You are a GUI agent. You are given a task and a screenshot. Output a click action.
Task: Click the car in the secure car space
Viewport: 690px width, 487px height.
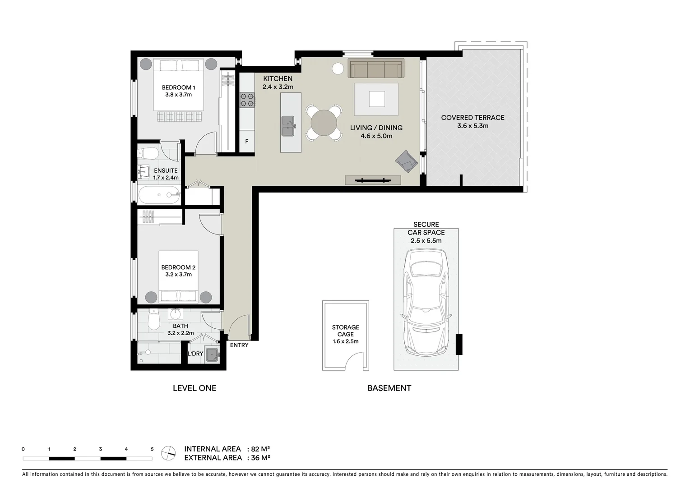[426, 302]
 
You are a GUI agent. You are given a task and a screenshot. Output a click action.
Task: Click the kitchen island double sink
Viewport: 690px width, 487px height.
[288, 126]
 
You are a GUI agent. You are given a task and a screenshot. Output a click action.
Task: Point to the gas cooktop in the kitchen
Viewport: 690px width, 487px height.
[247, 100]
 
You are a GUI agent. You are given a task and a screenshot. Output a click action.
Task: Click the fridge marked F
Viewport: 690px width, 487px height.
[247, 142]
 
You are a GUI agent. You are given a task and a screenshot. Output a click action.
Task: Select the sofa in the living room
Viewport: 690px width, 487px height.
[375, 69]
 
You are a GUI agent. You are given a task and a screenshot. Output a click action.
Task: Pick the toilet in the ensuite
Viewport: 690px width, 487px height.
[148, 153]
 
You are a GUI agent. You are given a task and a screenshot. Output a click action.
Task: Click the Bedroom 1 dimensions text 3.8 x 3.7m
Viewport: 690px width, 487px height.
[178, 95]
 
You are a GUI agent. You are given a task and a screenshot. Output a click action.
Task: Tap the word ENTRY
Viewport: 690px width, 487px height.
[239, 345]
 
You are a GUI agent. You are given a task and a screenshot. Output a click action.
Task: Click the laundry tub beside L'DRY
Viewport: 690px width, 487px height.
[211, 354]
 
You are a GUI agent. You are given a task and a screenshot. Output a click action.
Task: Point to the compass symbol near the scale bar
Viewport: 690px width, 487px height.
[169, 453]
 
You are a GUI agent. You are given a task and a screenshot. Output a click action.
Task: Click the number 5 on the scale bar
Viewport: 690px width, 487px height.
[152, 449]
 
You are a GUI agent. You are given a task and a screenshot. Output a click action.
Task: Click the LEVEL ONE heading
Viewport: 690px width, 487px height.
[194, 388]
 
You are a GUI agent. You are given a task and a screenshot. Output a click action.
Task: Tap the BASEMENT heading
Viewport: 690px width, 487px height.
[389, 388]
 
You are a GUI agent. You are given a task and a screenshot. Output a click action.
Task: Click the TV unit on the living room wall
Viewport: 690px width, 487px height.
[373, 180]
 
